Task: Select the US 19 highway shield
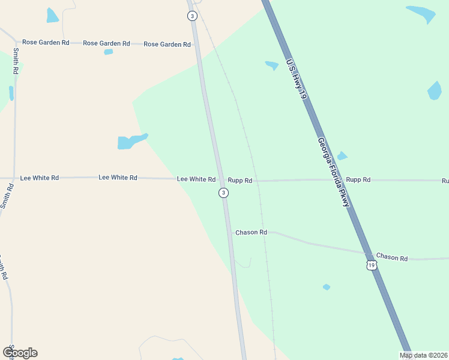coord(372,265)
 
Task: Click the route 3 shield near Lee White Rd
coord(223,193)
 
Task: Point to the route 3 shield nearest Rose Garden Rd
coord(191,16)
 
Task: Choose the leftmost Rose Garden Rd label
coord(46,43)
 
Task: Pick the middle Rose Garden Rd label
coord(106,43)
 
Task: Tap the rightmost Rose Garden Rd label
coord(167,44)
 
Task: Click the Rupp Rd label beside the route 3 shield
coord(240,180)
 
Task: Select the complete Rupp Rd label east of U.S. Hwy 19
coord(358,179)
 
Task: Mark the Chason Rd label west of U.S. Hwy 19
coord(251,232)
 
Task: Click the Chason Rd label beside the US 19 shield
coord(392,258)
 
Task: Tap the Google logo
coord(20,353)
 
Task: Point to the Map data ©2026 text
coord(423,355)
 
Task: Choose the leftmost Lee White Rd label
coord(40,178)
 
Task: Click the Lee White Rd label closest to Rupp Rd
coord(196,179)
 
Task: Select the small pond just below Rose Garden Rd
coord(108,52)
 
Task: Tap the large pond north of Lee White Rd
coord(130,142)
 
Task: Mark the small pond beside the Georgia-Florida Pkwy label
coord(342,156)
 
